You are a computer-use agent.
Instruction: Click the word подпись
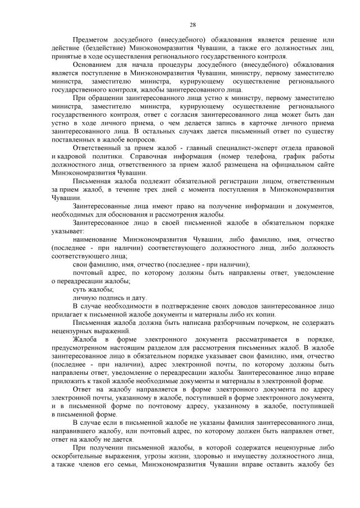105,297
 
